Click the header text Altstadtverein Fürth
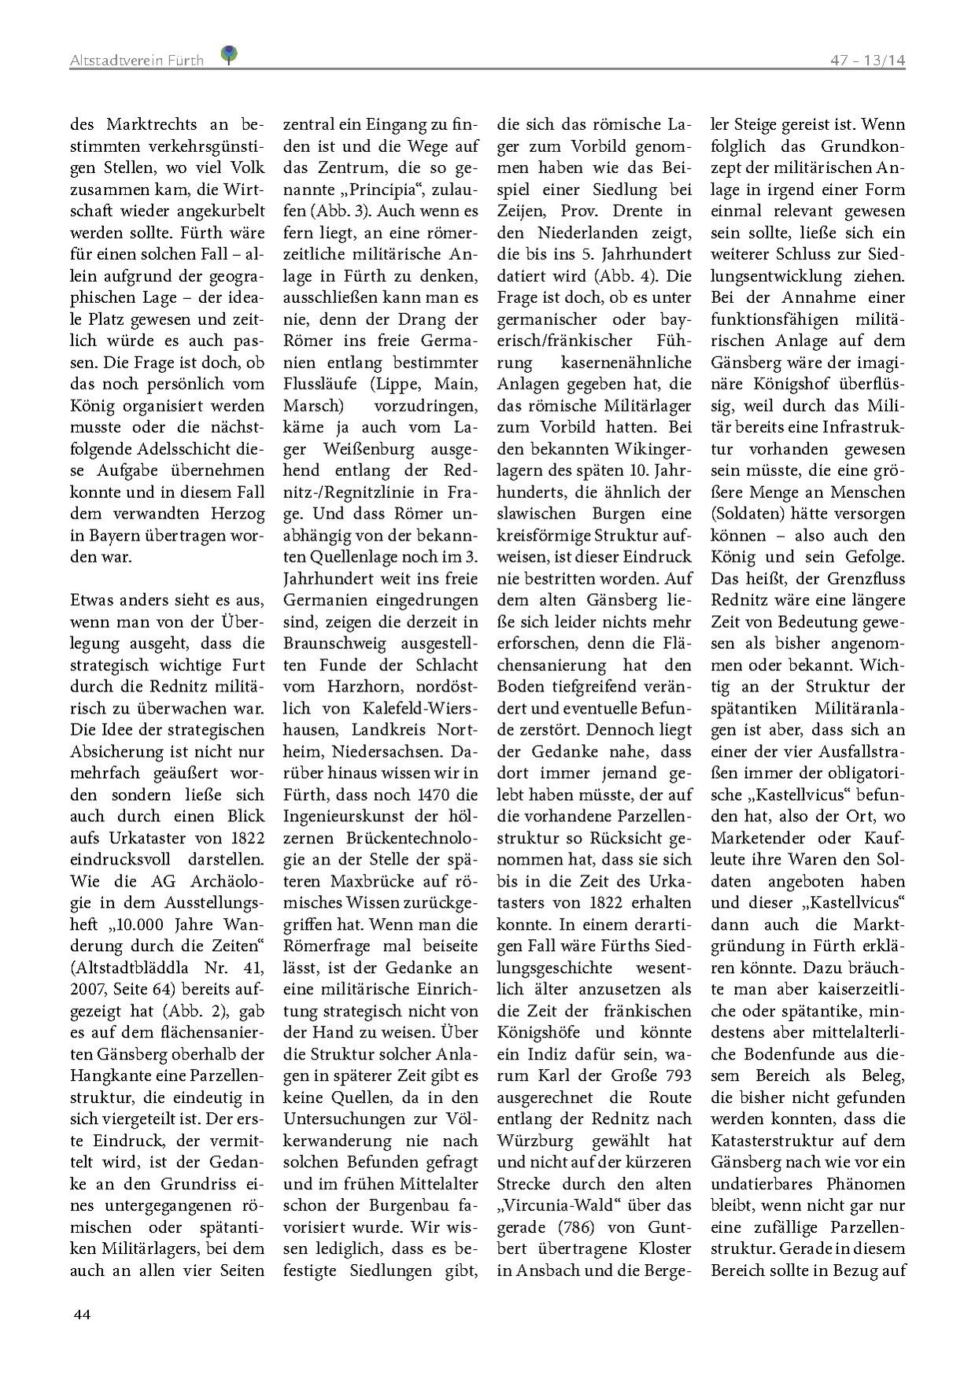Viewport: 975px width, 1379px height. point(136,60)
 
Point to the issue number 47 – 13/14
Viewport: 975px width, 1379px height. point(868,61)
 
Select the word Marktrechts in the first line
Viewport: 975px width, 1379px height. point(156,125)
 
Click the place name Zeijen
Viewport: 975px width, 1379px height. point(521,212)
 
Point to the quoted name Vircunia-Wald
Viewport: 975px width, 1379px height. point(573,1205)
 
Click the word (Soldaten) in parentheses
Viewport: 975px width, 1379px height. point(748,514)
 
